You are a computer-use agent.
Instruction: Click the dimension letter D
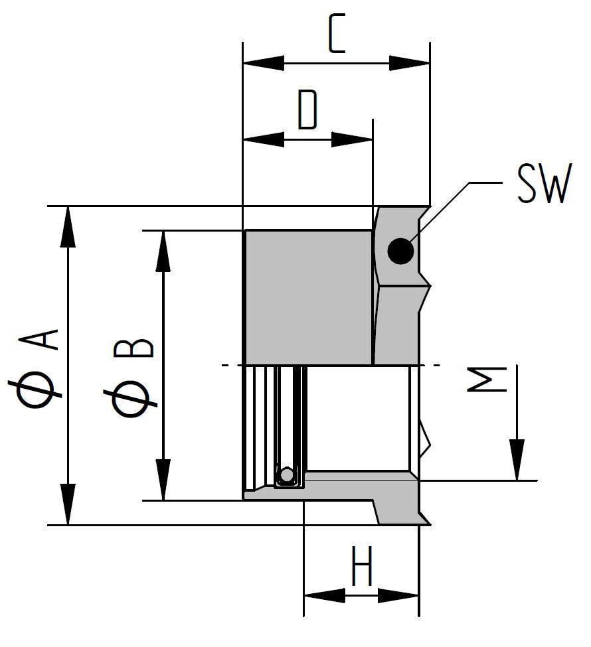[307, 110]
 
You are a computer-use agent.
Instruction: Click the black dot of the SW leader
[401, 252]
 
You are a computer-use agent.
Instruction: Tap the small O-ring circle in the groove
[287, 475]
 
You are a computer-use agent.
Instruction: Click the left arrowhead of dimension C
[263, 64]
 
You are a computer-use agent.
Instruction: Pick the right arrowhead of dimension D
[353, 140]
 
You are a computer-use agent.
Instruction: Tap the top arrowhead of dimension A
[67, 226]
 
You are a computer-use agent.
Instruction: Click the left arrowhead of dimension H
[323, 595]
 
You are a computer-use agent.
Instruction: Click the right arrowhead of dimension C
[410, 64]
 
